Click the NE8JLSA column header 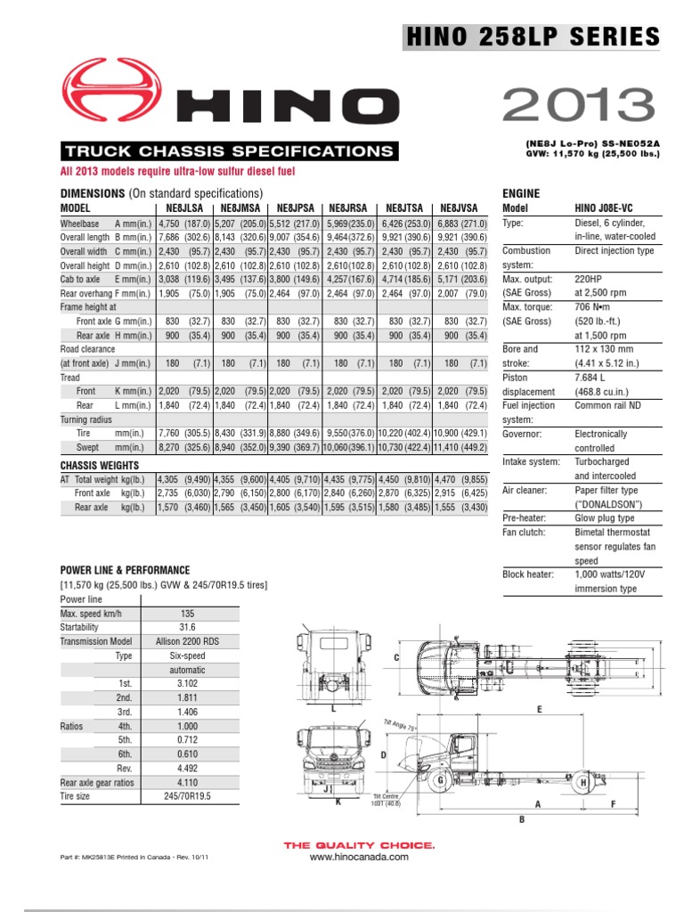click(x=183, y=207)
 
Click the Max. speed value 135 click(x=188, y=614)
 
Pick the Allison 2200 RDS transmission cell click(x=188, y=641)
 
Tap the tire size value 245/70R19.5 click(x=188, y=796)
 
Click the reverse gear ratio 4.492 click(x=188, y=769)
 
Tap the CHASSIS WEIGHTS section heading click(x=99, y=466)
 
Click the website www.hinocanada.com click(x=359, y=857)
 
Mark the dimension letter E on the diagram click(x=539, y=709)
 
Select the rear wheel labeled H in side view click(x=582, y=782)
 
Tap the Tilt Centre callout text click(x=387, y=800)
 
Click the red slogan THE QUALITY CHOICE click(x=359, y=844)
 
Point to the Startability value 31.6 click(x=188, y=627)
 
